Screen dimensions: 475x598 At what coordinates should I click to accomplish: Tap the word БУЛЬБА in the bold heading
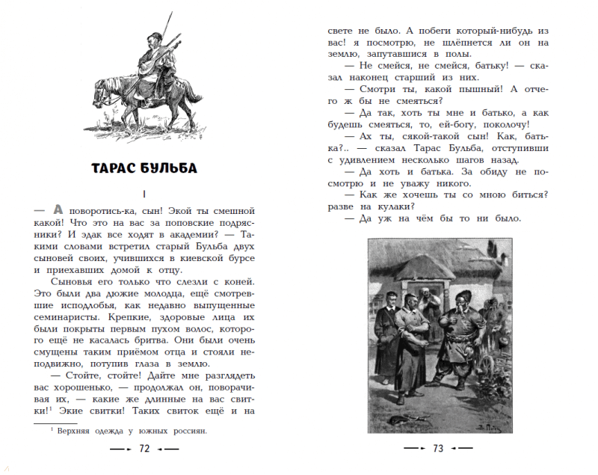click(x=170, y=167)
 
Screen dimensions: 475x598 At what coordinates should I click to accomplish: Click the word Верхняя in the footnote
click(x=74, y=431)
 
